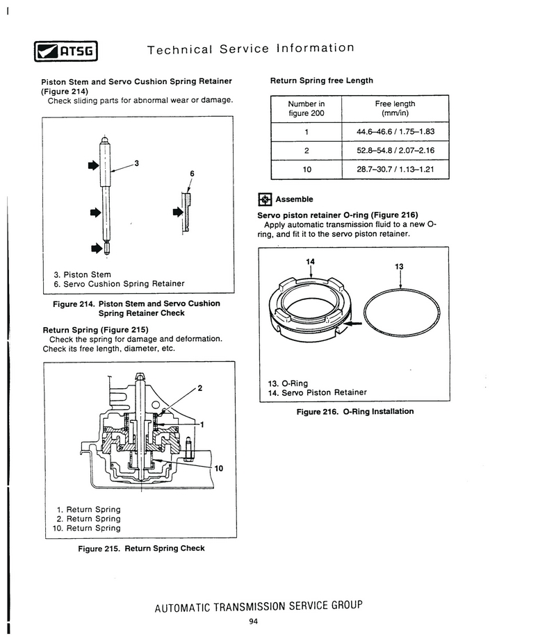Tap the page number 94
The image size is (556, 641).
click(253, 621)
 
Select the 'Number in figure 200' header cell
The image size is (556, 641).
click(306, 109)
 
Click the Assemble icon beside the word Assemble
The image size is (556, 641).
click(265, 199)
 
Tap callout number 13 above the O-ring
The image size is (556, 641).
click(399, 267)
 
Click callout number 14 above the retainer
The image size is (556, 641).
click(310, 261)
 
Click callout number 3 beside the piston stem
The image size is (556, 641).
click(137, 163)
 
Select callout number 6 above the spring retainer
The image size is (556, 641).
click(191, 173)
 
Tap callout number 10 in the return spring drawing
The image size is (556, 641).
click(219, 468)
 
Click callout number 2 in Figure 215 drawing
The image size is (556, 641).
click(199, 388)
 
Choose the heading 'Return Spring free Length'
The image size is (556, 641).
click(321, 81)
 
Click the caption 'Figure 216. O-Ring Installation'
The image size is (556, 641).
click(354, 411)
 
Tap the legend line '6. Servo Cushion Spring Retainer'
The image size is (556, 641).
click(119, 283)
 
